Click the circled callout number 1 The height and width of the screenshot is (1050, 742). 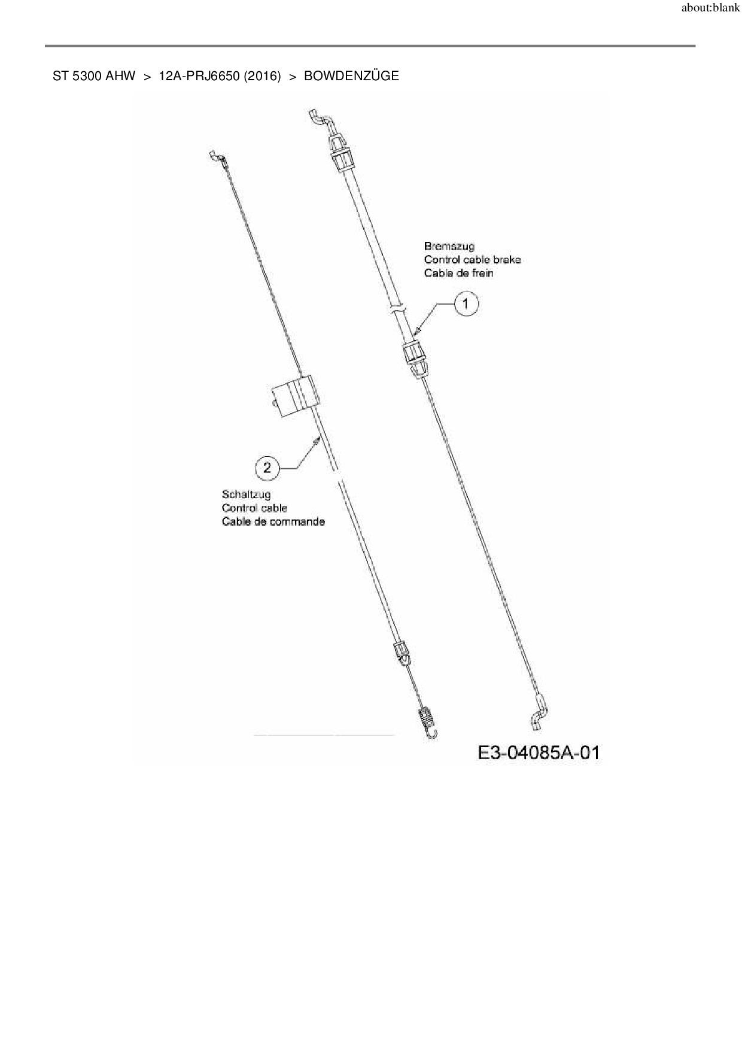click(x=466, y=304)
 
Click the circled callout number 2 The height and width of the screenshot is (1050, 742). click(x=267, y=467)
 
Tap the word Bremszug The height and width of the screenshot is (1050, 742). click(x=449, y=246)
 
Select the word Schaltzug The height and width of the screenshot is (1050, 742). click(x=246, y=494)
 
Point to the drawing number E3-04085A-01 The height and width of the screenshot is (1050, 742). click(x=539, y=752)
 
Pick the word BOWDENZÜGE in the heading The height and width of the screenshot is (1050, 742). click(x=351, y=76)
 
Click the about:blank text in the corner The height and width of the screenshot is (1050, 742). click(x=710, y=9)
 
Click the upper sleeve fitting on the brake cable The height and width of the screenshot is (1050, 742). click(x=340, y=154)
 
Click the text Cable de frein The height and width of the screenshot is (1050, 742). click(x=458, y=273)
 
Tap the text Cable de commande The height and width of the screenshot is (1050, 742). click(x=273, y=521)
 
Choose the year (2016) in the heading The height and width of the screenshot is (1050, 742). click(x=262, y=76)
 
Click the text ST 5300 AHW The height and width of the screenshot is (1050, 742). click(x=94, y=76)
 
